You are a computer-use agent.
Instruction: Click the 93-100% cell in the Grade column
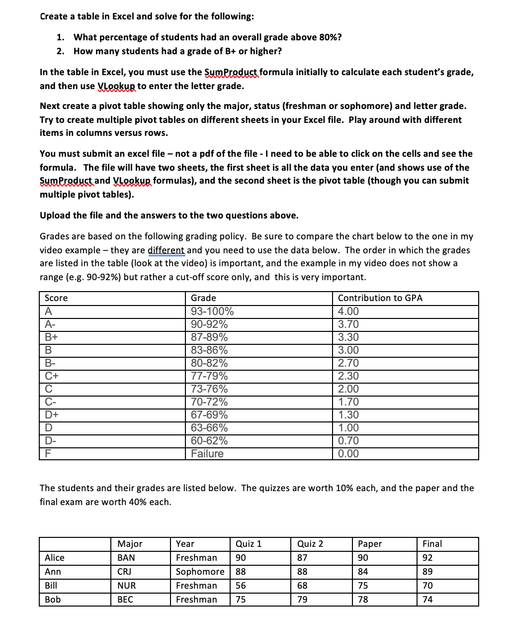click(212, 311)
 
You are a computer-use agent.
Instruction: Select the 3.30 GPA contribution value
click(348, 337)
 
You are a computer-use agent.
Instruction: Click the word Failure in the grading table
click(207, 454)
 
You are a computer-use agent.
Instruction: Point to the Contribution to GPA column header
click(380, 298)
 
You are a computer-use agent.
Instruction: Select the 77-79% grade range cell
click(209, 376)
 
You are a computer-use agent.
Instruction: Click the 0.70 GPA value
click(348, 441)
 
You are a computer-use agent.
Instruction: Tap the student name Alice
click(55, 558)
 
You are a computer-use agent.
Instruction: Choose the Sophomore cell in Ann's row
click(200, 572)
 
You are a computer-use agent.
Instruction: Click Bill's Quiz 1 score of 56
click(241, 586)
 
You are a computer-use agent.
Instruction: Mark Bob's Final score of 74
click(427, 600)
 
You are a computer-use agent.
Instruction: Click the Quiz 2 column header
click(310, 544)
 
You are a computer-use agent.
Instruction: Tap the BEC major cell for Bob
click(125, 600)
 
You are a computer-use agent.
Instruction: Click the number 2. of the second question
click(60, 51)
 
